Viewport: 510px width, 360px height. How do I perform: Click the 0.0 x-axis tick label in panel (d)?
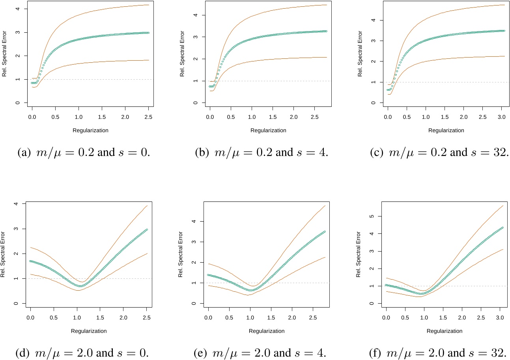[x=30, y=318]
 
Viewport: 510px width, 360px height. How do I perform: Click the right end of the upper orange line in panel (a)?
[x=149, y=5]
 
